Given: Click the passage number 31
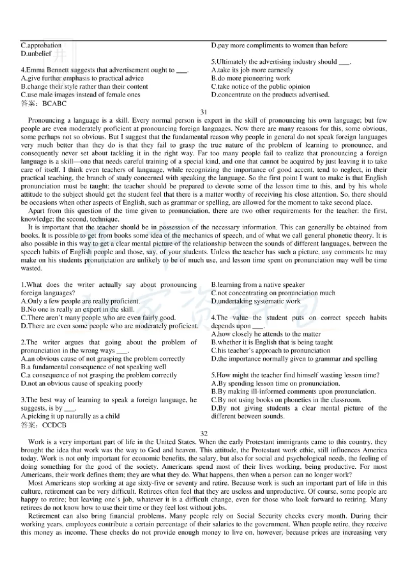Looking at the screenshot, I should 204,112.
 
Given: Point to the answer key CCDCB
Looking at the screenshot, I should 55,424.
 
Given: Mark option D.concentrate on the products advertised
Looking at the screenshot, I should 270,94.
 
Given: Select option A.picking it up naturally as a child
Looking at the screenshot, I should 70,416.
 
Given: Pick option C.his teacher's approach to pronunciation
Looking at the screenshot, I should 270,350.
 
